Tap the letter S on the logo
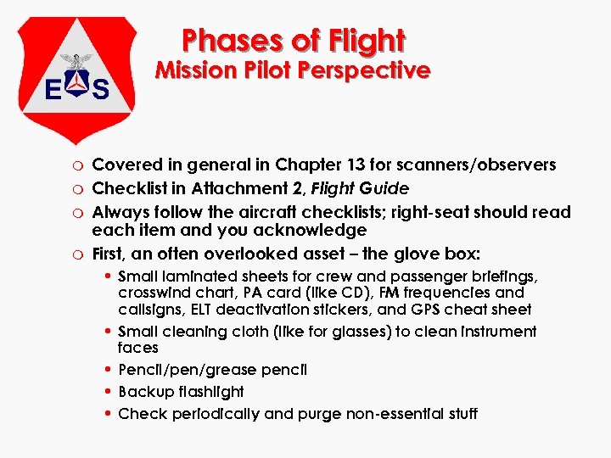pyautogui.click(x=100, y=88)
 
